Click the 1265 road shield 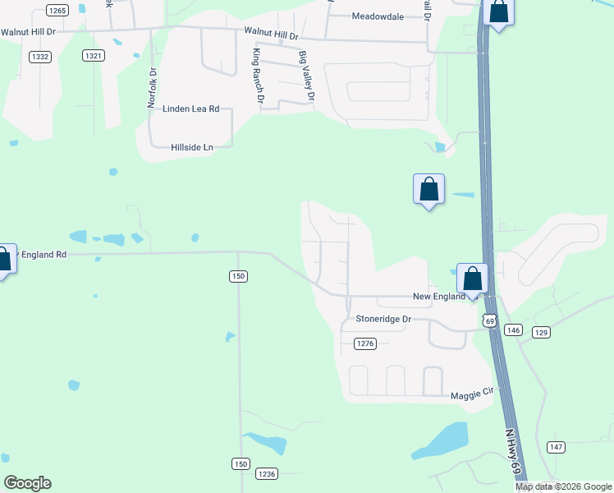(x=57, y=10)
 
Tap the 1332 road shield (x=39, y=56)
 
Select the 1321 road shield (x=94, y=56)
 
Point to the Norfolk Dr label (x=153, y=85)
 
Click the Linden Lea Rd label (x=191, y=108)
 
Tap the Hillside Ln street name (x=192, y=147)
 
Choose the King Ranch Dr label (x=259, y=76)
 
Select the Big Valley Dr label (x=307, y=76)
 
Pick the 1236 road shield (x=267, y=474)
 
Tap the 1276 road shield (x=365, y=343)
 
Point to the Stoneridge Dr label (x=383, y=318)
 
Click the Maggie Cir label (x=471, y=396)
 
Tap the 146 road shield (x=513, y=329)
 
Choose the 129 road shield (x=541, y=332)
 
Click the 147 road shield (x=557, y=446)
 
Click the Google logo (x=27, y=483)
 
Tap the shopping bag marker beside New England (x=473, y=279)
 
